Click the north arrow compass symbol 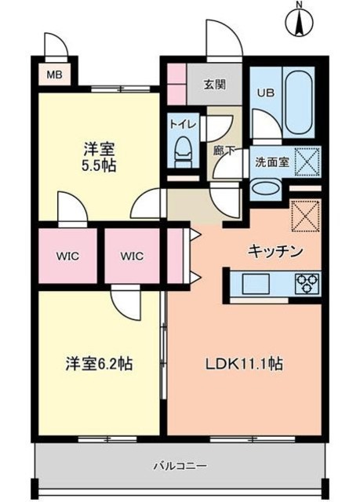tap(300, 21)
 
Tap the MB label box tap(53, 76)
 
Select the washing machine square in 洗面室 tap(306, 162)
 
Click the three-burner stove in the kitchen tap(307, 282)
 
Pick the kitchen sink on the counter tap(256, 282)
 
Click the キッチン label tap(275, 251)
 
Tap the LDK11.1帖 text tap(244, 364)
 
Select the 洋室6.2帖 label tap(98, 364)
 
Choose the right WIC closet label tap(132, 255)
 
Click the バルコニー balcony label tap(185, 466)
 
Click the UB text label tap(265, 91)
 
